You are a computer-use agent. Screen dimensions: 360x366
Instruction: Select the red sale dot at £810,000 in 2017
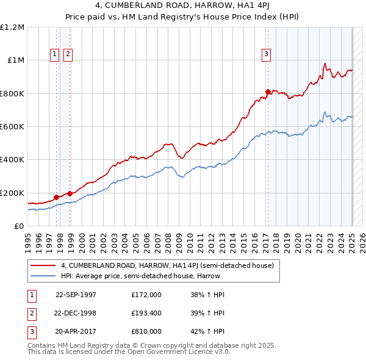coord(268,92)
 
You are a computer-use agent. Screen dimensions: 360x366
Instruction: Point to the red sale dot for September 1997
coord(57,197)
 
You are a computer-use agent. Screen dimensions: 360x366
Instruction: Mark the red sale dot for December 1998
coord(70,194)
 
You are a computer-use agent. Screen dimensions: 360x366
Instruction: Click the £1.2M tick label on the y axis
coord(12,27)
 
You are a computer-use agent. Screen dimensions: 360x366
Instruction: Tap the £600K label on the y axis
coord(12,127)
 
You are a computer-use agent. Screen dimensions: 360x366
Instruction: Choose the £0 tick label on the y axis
coord(20,226)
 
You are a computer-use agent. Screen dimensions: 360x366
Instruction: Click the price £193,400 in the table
coord(146,312)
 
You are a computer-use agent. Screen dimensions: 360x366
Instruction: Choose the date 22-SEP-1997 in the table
coord(76,294)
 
